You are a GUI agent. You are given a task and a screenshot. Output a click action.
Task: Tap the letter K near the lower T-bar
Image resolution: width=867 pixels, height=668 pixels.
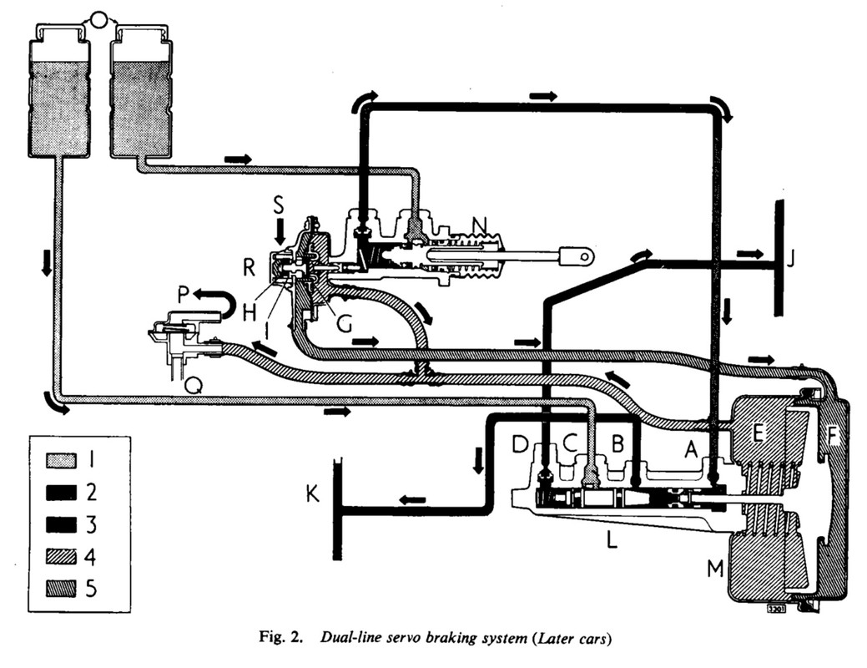point(312,493)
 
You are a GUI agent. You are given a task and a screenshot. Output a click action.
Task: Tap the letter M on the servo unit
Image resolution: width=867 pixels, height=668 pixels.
point(715,569)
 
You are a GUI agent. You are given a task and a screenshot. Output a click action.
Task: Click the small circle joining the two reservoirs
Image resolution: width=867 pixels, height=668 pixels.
point(99,19)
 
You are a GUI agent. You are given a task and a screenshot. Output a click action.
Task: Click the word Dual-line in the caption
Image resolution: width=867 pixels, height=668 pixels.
point(352,640)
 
